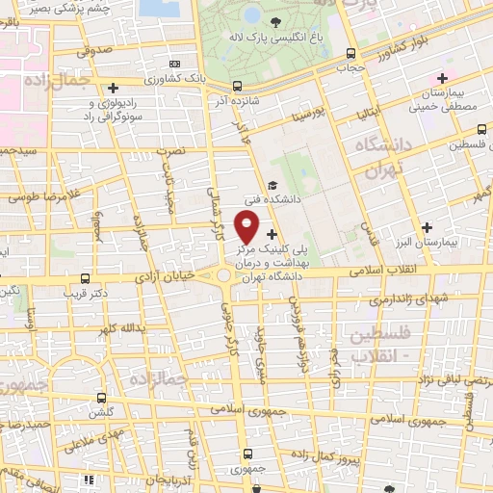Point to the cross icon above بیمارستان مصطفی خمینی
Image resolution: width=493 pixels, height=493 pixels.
442,78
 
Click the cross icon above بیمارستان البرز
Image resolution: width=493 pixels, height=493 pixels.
427,225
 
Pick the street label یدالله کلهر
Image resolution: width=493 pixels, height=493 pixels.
122,328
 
